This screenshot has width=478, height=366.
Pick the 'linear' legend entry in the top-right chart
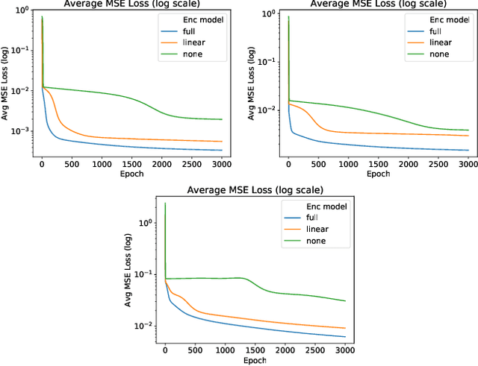click(x=429, y=44)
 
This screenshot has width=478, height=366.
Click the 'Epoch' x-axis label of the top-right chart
click(x=378, y=174)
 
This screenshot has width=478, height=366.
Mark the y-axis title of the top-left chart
click(x=6, y=82)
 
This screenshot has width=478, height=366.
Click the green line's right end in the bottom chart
click(x=346, y=301)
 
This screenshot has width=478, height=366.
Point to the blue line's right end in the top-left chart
click(x=222, y=150)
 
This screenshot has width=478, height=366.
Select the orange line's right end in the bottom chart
click(x=346, y=328)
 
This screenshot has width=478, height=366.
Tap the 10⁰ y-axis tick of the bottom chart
click(x=148, y=223)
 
